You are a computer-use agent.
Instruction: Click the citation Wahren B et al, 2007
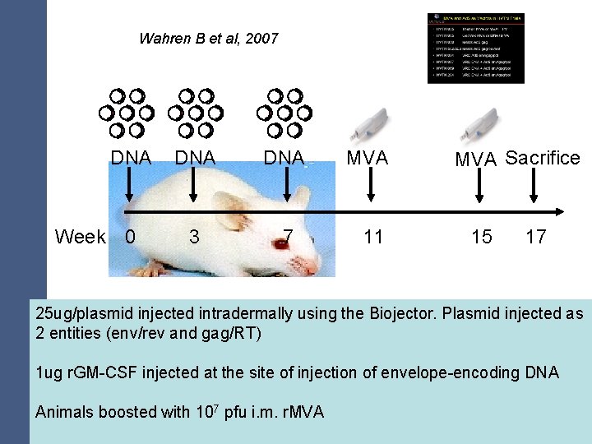(209, 38)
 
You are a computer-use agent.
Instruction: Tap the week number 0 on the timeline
(129, 237)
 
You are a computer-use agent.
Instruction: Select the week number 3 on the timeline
(194, 237)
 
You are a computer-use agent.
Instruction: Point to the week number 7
(287, 237)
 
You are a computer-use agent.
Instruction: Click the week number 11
(373, 237)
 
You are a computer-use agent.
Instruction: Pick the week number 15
(482, 237)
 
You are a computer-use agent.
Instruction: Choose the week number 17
(536, 237)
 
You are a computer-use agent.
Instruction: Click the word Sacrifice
(543, 158)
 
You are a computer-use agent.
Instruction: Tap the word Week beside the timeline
(80, 237)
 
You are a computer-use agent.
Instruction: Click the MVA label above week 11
(367, 158)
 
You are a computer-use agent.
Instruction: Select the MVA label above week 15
(477, 160)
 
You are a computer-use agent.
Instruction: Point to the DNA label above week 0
(132, 158)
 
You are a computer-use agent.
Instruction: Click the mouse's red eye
(284, 242)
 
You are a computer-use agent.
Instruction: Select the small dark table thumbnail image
(475, 48)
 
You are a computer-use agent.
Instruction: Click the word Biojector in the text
(405, 313)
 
